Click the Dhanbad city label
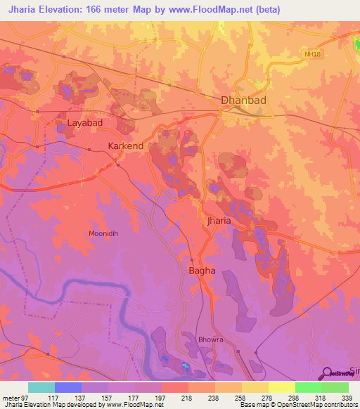pos(244,100)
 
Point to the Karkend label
pos(126,146)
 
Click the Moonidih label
pos(107,234)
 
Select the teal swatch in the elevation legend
pos(41,387)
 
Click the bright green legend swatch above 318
pos(308,387)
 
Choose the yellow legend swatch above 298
pos(281,387)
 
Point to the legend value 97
pos(26,397)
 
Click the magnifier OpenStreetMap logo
pos(328,373)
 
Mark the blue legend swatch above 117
pos(67,387)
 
